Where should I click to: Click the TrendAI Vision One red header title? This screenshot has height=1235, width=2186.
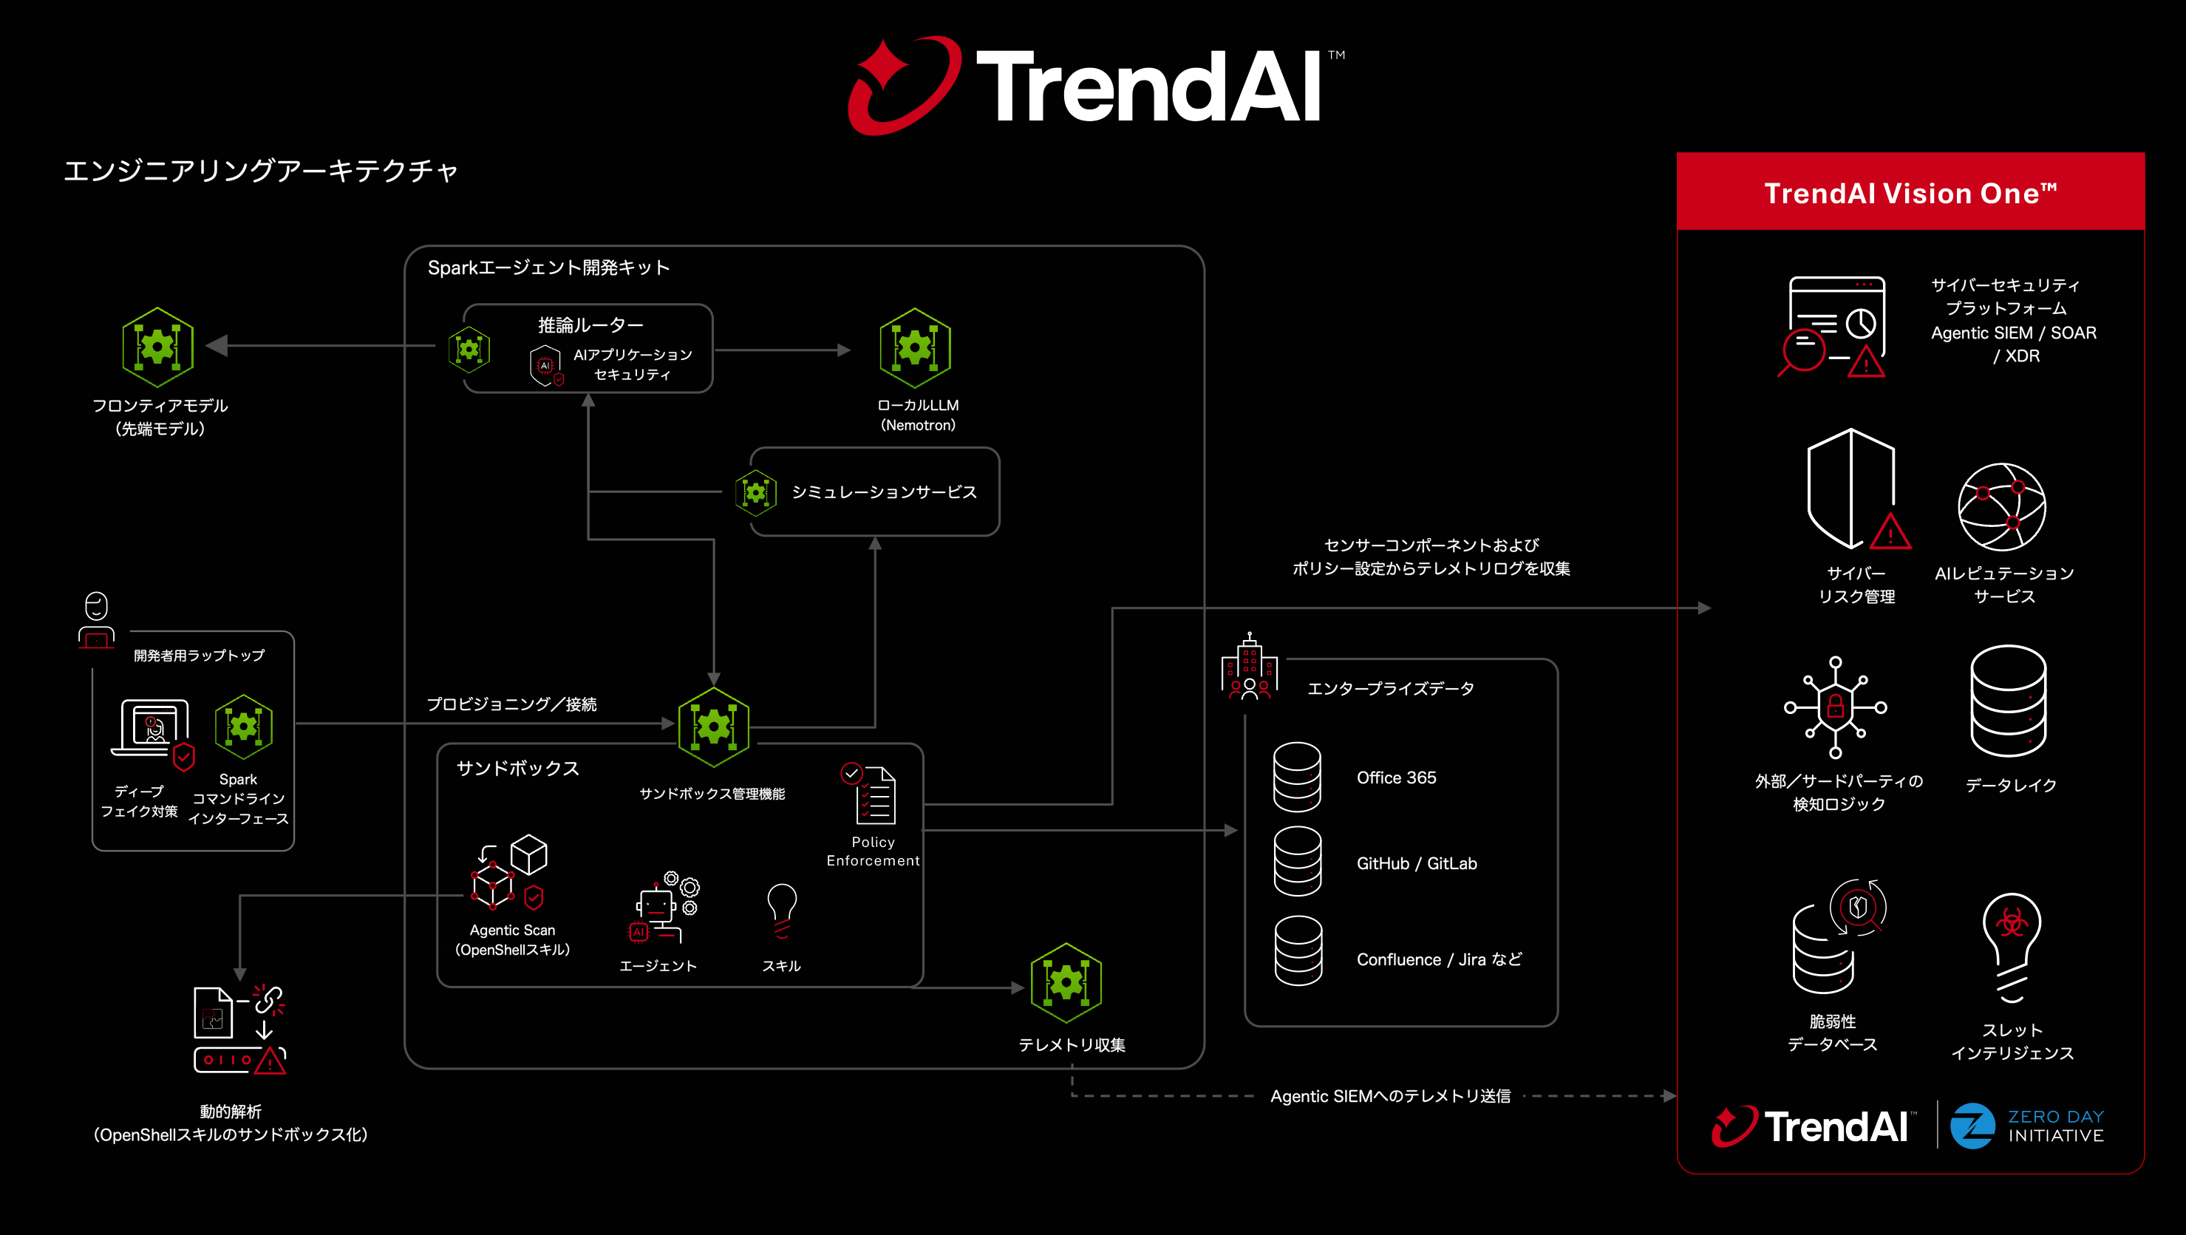click(x=1910, y=194)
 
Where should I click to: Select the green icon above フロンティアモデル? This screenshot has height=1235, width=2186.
click(x=158, y=347)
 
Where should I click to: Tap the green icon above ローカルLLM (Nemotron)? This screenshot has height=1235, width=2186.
click(x=915, y=348)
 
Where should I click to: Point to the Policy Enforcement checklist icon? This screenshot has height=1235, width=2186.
click(x=871, y=795)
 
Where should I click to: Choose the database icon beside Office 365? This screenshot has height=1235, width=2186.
click(x=1297, y=777)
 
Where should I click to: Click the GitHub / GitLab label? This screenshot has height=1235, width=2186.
click(x=1416, y=863)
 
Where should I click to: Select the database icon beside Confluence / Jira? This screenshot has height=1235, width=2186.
click(x=1298, y=950)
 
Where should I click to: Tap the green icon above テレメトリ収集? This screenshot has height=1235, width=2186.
click(x=1066, y=983)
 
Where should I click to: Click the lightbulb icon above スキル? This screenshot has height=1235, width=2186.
click(x=782, y=911)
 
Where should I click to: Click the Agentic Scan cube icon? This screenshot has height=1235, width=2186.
click(x=510, y=871)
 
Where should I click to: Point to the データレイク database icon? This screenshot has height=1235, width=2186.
click(x=2008, y=701)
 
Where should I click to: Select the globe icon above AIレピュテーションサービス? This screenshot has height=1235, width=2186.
click(x=2002, y=507)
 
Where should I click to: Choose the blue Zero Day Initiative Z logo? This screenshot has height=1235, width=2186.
click(x=1972, y=1126)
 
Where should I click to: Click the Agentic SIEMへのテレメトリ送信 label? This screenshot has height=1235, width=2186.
click(x=1390, y=1096)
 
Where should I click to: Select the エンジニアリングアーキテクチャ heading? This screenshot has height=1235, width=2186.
click(x=262, y=171)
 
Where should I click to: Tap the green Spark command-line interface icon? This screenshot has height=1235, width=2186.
click(x=244, y=727)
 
